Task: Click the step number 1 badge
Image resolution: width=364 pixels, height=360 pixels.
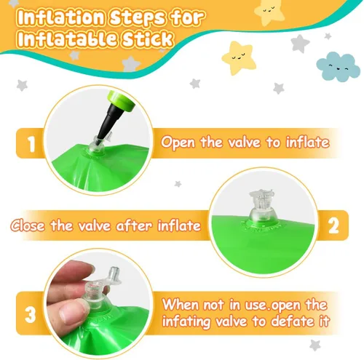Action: [31, 144]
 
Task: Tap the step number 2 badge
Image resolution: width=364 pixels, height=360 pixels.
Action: [333, 225]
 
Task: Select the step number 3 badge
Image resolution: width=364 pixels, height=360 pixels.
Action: [31, 314]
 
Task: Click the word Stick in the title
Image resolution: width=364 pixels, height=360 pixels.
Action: [147, 39]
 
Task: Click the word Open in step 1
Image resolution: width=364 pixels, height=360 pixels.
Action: [178, 142]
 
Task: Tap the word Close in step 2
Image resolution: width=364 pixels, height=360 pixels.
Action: [28, 225]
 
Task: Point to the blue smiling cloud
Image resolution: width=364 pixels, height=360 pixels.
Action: [338, 67]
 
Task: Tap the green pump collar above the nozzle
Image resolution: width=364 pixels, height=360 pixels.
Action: [122, 100]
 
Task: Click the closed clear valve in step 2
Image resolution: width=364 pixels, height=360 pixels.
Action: [261, 207]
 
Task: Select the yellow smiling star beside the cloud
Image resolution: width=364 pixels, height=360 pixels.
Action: [239, 57]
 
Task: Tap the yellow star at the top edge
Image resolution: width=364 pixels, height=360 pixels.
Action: [269, 12]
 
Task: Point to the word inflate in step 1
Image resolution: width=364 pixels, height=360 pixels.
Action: [307, 142]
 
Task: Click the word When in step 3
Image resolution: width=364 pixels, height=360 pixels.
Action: [181, 304]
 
